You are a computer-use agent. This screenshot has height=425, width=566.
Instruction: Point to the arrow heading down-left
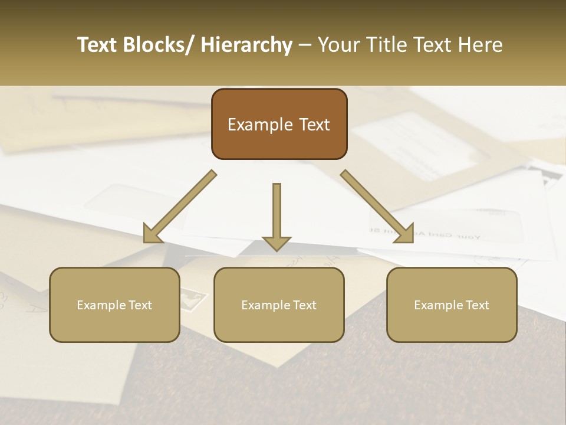(x=179, y=207)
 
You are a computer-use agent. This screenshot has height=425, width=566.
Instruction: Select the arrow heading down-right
(x=377, y=207)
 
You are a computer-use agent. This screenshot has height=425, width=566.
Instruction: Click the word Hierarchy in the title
(x=246, y=45)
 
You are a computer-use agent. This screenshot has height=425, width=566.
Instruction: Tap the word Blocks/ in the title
(x=159, y=45)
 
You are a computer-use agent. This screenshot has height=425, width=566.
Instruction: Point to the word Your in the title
(x=337, y=45)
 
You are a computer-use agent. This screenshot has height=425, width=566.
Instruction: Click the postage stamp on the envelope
(x=192, y=298)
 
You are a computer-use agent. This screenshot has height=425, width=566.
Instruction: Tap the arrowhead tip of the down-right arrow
(x=412, y=241)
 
